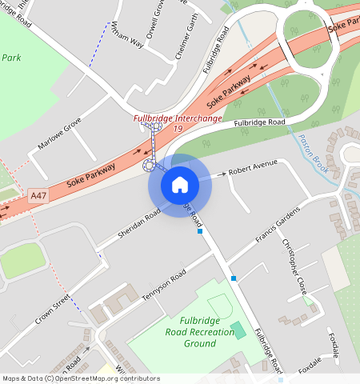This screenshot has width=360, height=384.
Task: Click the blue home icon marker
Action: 180,185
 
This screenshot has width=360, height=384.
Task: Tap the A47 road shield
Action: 38,195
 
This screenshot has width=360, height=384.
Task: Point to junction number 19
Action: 178,129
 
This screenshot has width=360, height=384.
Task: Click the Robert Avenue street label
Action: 253,167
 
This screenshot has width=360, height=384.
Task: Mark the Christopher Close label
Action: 293,265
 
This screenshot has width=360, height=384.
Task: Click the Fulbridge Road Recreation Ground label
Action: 189,331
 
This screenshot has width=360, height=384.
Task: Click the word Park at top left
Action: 10,58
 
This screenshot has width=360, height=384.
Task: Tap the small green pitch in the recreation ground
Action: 238,330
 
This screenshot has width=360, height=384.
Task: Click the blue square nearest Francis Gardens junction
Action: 234,278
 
